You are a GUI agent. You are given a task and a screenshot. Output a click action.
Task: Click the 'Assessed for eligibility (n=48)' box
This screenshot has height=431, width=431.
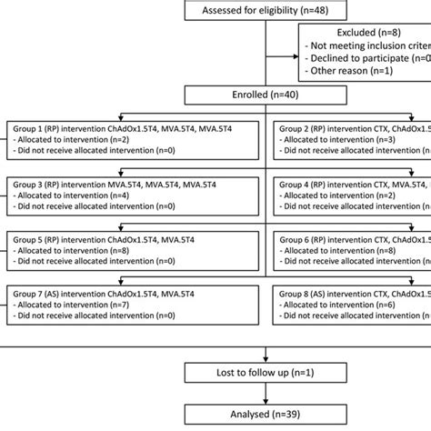coord(263,10)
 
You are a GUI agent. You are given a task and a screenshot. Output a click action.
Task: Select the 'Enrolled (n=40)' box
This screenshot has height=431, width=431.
coord(263,95)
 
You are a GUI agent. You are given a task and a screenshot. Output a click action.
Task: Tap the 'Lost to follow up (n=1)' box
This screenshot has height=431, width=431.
coord(263,374)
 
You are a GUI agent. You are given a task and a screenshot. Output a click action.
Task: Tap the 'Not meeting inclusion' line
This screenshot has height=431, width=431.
coord(367,44)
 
